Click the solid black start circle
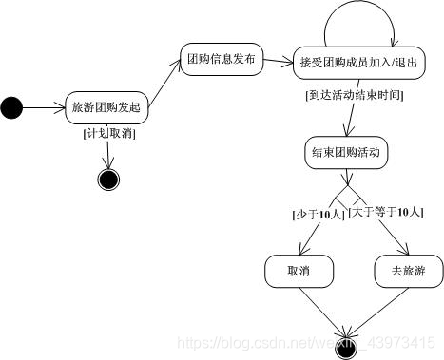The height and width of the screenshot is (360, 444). point(11,108)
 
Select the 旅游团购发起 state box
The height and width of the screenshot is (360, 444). point(106,108)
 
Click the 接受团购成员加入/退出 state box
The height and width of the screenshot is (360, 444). point(357,63)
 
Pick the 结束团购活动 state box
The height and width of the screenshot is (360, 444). point(345,153)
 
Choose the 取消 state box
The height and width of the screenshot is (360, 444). point(299,272)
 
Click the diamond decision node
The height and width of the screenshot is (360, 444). point(346,197)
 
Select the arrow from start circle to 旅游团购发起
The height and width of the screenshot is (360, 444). point(44,108)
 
